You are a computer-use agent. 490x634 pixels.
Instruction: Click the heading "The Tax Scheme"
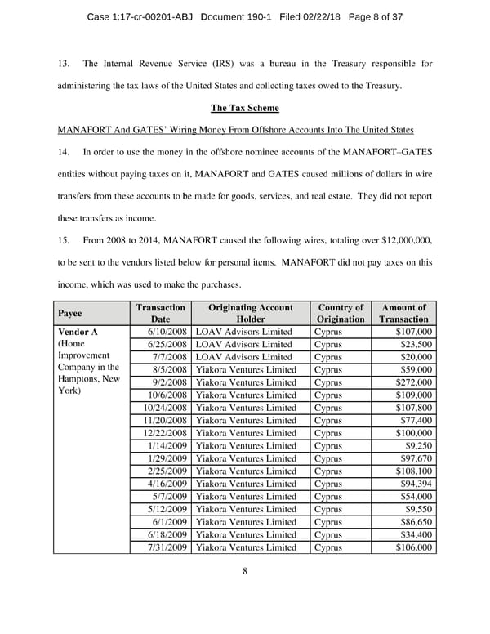pyautogui.click(x=245, y=108)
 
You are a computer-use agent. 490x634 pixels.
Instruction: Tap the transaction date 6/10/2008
pyautogui.click(x=167, y=332)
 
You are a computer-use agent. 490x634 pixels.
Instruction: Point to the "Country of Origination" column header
pyautogui.click(x=340, y=313)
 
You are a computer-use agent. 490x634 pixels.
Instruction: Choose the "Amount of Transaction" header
pyautogui.click(x=405, y=313)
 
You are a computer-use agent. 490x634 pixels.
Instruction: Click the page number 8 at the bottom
pyautogui.click(x=245, y=571)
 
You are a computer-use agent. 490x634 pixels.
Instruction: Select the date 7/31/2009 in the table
pyautogui.click(x=167, y=547)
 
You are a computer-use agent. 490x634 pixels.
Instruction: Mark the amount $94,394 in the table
pyautogui.click(x=416, y=484)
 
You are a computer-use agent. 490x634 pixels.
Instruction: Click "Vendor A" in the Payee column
pyautogui.click(x=78, y=332)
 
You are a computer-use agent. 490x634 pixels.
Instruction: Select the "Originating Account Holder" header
pyautogui.click(x=251, y=313)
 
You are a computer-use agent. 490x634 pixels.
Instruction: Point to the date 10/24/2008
pyautogui.click(x=165, y=408)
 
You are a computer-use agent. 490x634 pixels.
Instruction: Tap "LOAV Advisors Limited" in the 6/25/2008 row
pyautogui.click(x=243, y=345)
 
